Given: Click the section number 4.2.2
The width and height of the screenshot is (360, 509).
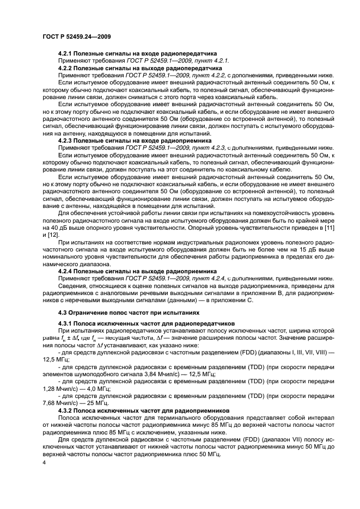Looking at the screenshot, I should (67, 68).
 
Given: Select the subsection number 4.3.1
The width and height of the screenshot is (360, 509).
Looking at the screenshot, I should (67, 323).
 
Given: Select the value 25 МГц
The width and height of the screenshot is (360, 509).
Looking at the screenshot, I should (86, 403).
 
